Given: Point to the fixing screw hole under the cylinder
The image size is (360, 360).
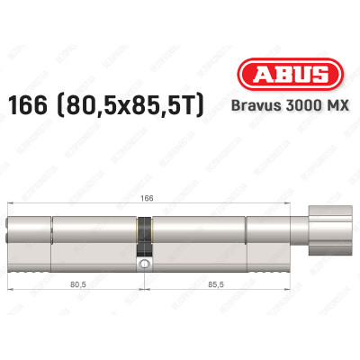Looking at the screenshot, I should [143, 265].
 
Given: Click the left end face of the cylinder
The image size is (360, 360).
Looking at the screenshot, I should [11, 239].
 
